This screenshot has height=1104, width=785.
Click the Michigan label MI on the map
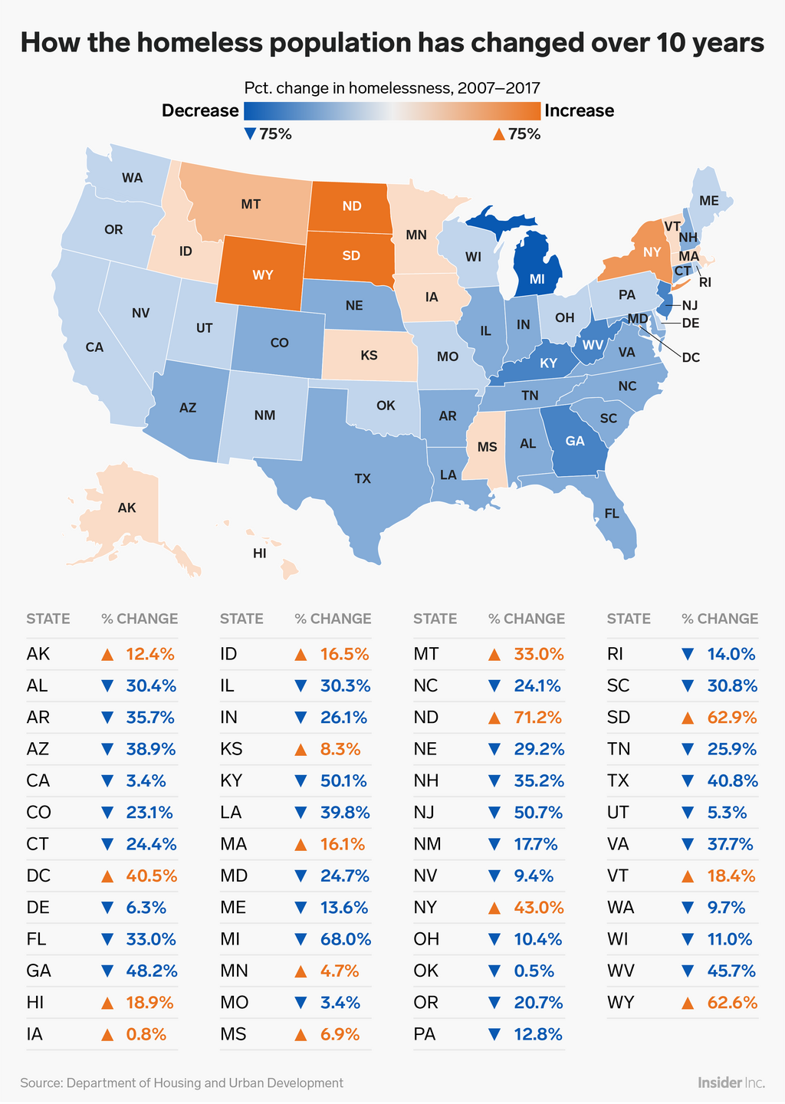click(x=537, y=280)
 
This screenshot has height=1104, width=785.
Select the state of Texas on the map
click(x=363, y=478)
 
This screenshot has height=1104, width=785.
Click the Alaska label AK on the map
click(x=126, y=508)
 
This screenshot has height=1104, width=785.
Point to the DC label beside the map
click(x=691, y=356)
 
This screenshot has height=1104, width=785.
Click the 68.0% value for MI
click(x=345, y=938)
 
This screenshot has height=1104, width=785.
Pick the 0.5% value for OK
click(x=534, y=971)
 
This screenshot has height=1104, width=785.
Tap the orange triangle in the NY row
click(x=494, y=908)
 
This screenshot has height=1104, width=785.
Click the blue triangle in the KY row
click(x=301, y=781)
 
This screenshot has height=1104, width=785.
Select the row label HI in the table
click(x=34, y=1002)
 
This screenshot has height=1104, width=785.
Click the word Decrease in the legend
click(x=200, y=110)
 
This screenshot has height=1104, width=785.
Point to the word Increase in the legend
click(x=579, y=110)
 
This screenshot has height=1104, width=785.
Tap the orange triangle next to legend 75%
click(x=498, y=134)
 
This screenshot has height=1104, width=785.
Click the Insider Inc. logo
click(x=731, y=1083)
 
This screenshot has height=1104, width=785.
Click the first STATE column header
click(x=48, y=619)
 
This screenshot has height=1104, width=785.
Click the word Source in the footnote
click(x=41, y=1083)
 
